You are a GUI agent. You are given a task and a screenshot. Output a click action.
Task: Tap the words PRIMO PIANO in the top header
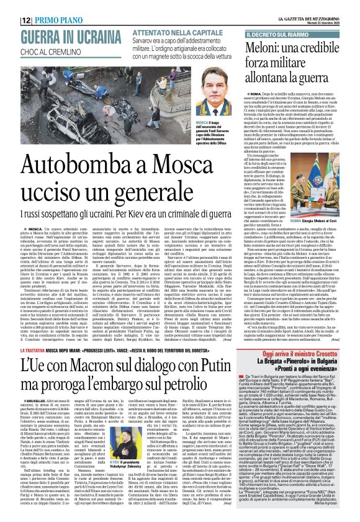click(x=43, y=6)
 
